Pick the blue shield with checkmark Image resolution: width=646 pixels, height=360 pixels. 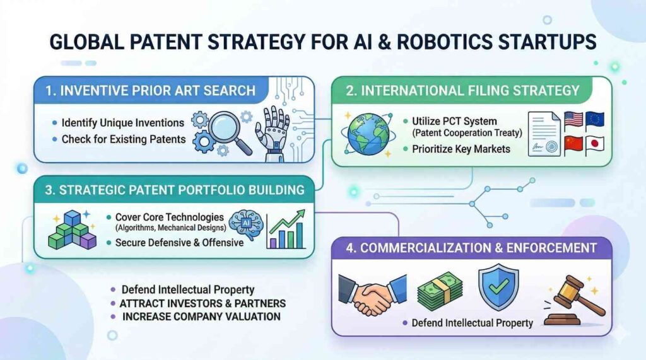pos(498,287)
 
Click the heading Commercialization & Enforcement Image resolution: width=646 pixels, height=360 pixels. pos(471,248)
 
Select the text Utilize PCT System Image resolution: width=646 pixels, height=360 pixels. pos(454,120)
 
